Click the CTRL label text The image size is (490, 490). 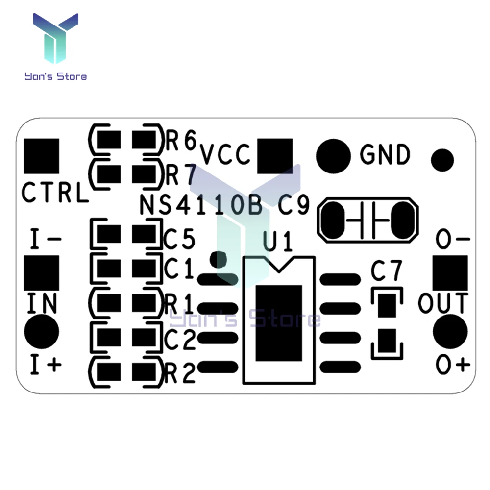[55, 192]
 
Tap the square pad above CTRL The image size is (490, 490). [42, 156]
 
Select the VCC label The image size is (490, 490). [225, 154]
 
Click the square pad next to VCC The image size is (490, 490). [275, 156]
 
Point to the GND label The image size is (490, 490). [385, 154]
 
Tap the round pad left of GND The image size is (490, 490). [333, 156]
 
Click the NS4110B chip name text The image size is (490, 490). [201, 205]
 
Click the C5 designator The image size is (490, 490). [179, 239]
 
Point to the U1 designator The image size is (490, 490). [277, 241]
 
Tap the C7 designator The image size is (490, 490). [386, 270]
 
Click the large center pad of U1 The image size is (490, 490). [279, 323]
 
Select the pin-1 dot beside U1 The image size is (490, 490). [218, 259]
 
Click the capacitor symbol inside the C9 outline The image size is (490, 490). [368, 220]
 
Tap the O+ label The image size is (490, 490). [453, 365]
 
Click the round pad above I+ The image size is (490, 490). [42, 332]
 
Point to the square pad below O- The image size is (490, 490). [450, 273]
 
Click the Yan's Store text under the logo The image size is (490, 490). [56, 76]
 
